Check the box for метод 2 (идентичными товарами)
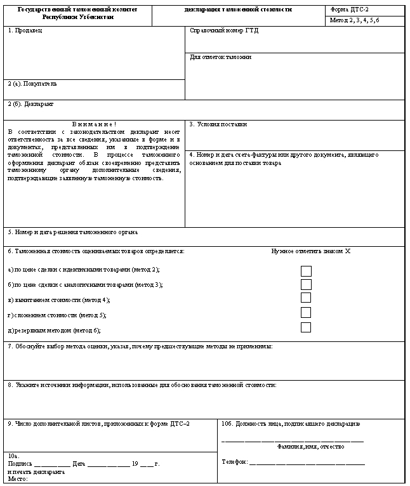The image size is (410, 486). (306, 271)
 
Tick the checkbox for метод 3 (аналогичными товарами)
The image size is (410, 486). (306, 285)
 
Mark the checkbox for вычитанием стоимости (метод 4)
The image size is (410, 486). (306, 298)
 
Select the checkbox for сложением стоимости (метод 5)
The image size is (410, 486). (306, 313)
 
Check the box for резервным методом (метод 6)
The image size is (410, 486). (306, 328)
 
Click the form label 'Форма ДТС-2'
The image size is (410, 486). (350, 11)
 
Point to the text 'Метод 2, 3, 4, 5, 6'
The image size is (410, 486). (355, 21)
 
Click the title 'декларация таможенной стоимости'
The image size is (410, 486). (238, 11)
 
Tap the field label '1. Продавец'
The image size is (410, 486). (25, 30)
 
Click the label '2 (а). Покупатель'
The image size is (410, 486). (32, 83)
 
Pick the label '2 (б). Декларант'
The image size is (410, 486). (30, 103)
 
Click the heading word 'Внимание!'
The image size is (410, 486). (94, 124)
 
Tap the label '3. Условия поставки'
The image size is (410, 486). (218, 124)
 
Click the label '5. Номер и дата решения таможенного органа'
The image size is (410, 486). (73, 232)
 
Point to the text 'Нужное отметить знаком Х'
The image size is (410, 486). (310, 251)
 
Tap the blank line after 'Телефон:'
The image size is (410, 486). (307, 463)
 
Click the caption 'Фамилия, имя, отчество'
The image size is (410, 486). (311, 447)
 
